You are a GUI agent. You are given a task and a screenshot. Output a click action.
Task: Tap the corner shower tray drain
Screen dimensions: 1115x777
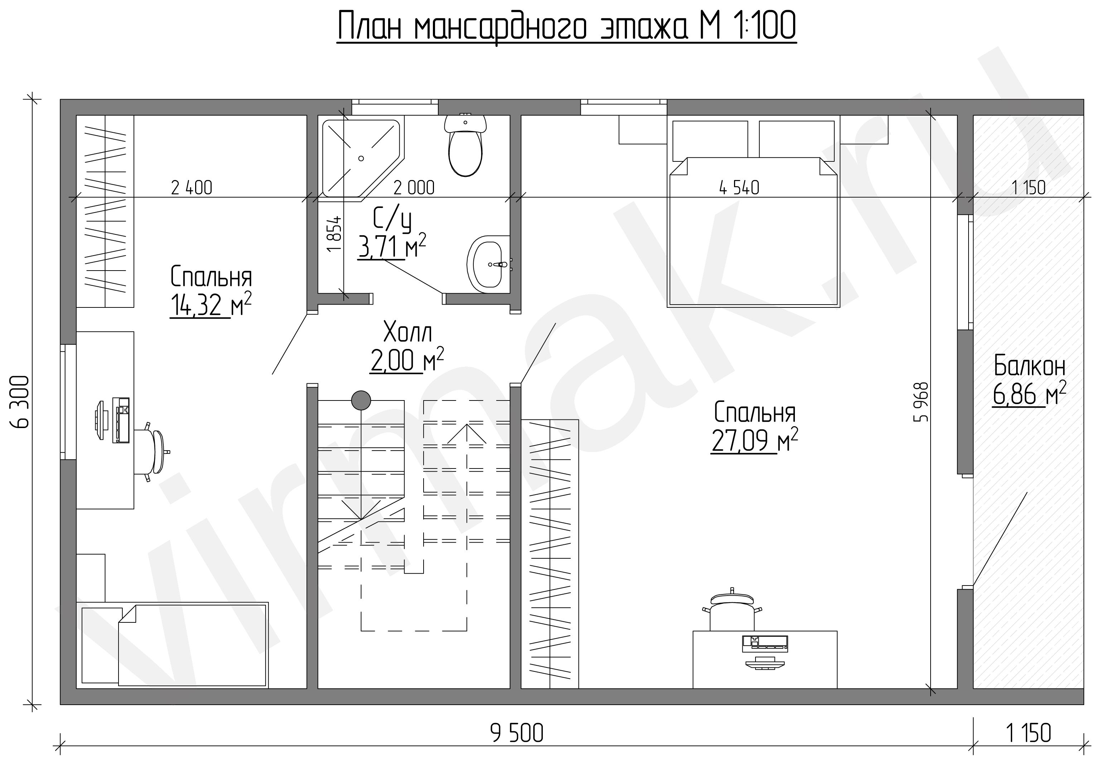(x=361, y=158)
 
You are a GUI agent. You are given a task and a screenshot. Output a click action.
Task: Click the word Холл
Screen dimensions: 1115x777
(x=407, y=332)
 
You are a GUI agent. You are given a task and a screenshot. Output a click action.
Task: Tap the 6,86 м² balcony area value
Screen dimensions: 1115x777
(x=1029, y=394)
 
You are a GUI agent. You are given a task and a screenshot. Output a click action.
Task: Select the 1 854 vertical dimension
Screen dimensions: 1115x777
(x=334, y=234)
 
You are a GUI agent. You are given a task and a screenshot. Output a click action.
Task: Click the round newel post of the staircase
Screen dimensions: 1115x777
(x=361, y=400)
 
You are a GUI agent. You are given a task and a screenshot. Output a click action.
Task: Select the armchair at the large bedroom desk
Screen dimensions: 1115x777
(x=732, y=610)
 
